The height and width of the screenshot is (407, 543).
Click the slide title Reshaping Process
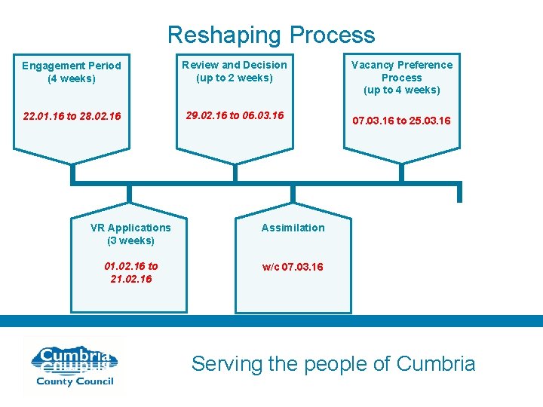tap(271, 35)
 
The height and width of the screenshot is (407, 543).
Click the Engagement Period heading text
tap(71, 66)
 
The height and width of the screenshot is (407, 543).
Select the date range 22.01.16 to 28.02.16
tap(72, 117)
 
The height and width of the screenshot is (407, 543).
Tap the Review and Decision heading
tap(234, 65)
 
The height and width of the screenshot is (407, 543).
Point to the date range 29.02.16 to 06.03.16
tap(235, 115)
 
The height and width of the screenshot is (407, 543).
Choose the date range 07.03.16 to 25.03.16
tap(401, 121)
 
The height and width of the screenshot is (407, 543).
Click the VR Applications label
tap(130, 228)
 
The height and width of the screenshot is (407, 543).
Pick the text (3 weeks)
tap(130, 240)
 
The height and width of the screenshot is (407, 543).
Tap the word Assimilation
tap(293, 228)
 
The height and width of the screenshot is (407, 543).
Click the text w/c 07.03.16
tap(293, 267)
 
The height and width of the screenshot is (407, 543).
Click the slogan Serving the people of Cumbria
tap(333, 364)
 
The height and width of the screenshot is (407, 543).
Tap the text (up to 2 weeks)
tap(234, 78)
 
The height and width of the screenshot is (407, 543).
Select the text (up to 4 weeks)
tap(401, 90)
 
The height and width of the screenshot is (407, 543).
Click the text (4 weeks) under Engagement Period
tap(71, 78)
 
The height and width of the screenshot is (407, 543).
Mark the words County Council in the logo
tap(75, 381)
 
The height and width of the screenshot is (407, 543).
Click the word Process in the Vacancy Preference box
tap(401, 78)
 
